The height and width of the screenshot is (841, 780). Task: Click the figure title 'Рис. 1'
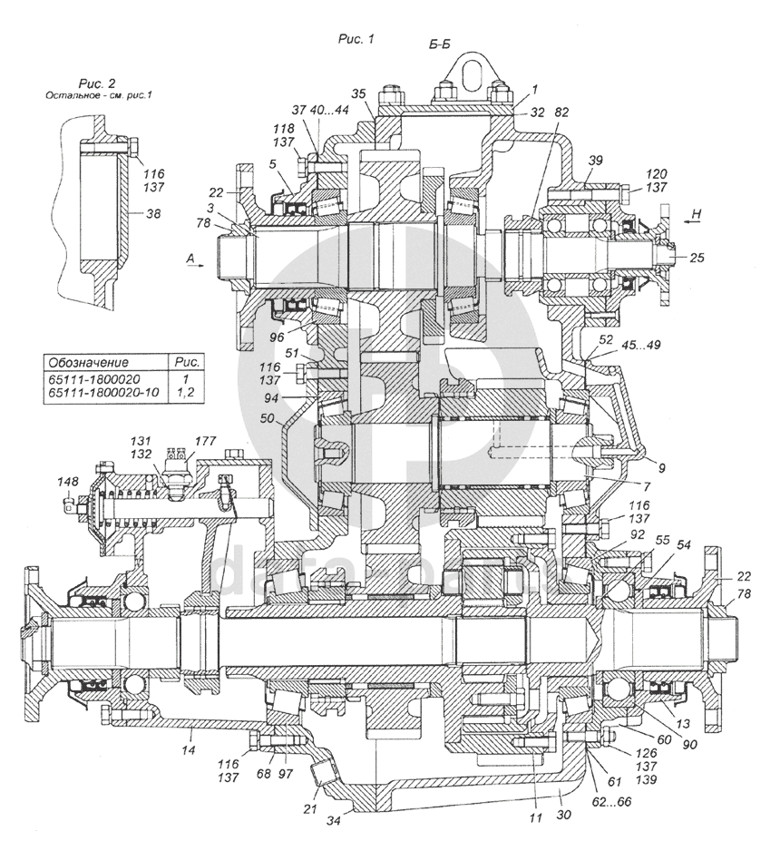(x=356, y=39)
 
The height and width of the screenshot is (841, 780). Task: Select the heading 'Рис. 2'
(x=96, y=83)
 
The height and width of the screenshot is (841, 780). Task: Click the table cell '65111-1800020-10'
(x=104, y=393)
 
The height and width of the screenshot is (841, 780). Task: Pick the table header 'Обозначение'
(x=89, y=363)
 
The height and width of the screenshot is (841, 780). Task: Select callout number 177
(x=205, y=441)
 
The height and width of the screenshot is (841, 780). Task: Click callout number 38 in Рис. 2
(x=153, y=214)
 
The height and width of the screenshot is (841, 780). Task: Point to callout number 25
(x=697, y=258)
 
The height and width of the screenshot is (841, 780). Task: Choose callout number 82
(x=561, y=112)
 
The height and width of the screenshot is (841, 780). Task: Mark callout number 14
(x=188, y=750)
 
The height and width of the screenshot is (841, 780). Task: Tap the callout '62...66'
(x=610, y=802)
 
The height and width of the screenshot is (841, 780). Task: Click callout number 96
(x=277, y=337)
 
